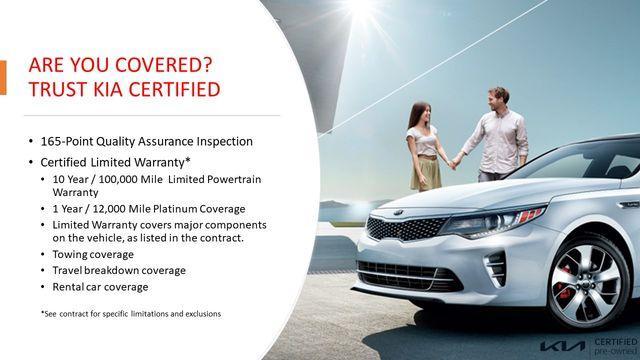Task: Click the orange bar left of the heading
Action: point(3,78)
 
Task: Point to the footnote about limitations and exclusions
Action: point(131,314)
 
